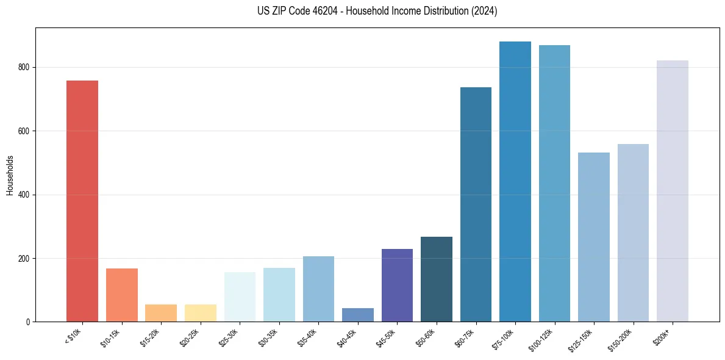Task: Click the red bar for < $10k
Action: (x=82, y=201)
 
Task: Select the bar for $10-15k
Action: (x=121, y=295)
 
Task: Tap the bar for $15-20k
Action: (x=161, y=313)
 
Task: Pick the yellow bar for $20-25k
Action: (x=200, y=313)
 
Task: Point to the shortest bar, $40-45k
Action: (x=358, y=315)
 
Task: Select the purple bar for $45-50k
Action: (x=397, y=286)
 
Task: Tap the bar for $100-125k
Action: (x=554, y=184)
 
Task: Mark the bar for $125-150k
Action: (x=594, y=237)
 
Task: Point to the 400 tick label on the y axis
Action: (x=27, y=195)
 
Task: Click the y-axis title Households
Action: (x=10, y=175)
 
